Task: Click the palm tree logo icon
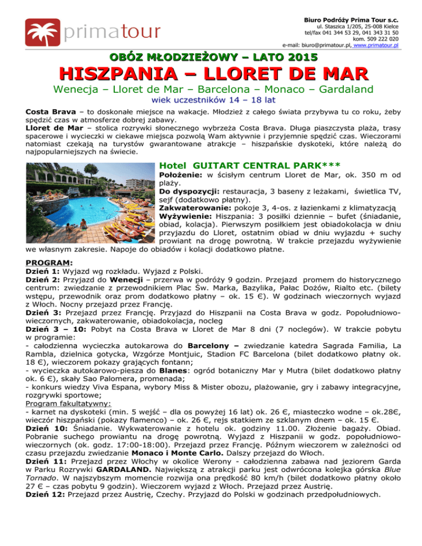(x=42, y=31)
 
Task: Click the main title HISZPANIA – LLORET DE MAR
(x=212, y=76)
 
